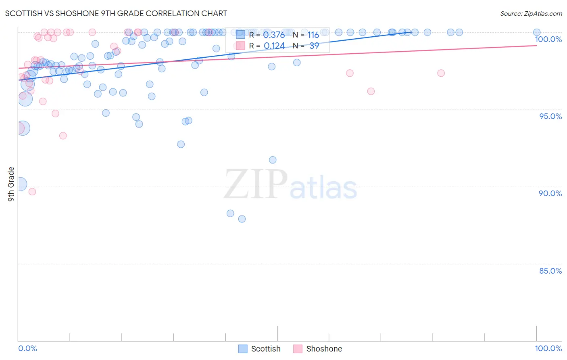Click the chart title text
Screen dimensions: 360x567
(x=116, y=13)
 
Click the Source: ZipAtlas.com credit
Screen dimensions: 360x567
(x=531, y=13)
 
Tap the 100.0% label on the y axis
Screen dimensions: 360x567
(x=548, y=39)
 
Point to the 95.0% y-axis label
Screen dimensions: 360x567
(x=550, y=116)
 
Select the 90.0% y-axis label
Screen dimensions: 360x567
(x=550, y=193)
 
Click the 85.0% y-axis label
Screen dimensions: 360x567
(x=550, y=271)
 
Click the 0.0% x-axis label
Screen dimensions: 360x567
(x=27, y=348)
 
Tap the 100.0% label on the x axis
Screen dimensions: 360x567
(x=548, y=348)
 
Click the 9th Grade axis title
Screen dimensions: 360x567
(x=11, y=184)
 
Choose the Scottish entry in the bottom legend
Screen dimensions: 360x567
(x=259, y=349)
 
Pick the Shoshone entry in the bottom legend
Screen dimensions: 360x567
(x=318, y=349)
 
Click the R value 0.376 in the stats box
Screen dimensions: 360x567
(x=274, y=35)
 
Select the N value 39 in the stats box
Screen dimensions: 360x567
(x=314, y=46)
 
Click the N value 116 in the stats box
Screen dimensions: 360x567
(x=313, y=35)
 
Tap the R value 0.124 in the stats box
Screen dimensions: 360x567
(x=274, y=46)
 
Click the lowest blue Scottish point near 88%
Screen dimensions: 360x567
(x=242, y=219)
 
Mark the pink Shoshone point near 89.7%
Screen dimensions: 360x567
(x=32, y=192)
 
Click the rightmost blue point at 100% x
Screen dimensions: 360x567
(x=537, y=32)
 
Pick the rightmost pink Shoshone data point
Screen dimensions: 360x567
(x=441, y=73)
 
